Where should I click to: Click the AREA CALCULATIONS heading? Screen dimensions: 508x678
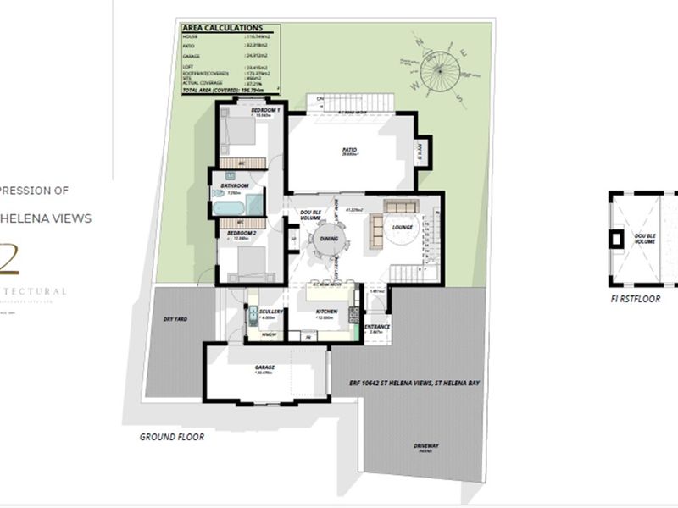point(223,28)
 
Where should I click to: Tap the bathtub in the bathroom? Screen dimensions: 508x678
point(229,207)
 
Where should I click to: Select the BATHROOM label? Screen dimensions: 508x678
point(235,185)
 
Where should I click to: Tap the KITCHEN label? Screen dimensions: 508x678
point(325,312)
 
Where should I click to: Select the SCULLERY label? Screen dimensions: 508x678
point(271,312)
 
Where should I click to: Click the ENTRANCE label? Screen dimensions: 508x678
point(376,327)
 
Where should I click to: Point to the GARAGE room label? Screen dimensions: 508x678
point(265,367)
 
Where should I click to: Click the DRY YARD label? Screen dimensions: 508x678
point(175,318)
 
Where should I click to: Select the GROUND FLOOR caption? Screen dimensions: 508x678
point(172,438)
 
